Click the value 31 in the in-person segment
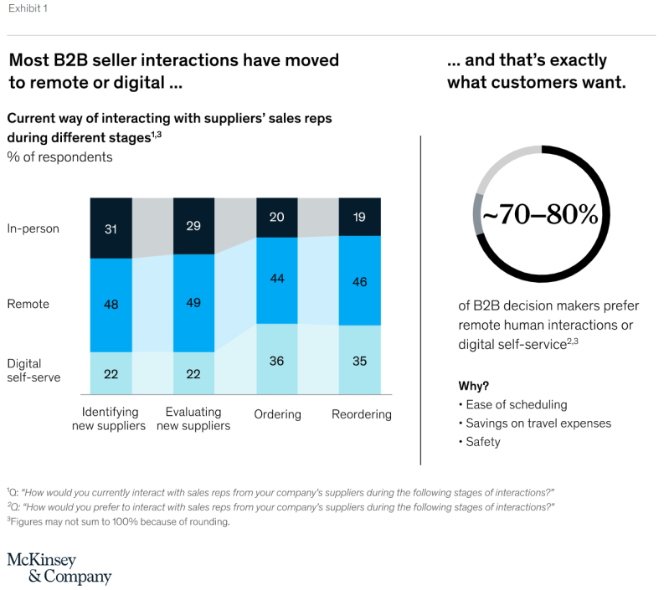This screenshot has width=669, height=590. [x=111, y=228]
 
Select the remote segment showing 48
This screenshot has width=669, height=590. [x=111, y=305]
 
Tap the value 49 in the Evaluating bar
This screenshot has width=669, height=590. [x=193, y=302]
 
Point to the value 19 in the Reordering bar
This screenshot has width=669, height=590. [x=359, y=216]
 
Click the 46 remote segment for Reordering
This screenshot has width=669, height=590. [x=359, y=282]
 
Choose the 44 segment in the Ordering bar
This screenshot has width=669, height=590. [x=276, y=280]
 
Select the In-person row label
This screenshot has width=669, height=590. [x=33, y=228]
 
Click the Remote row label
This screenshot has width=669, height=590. [x=28, y=304]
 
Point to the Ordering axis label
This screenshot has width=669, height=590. [x=277, y=415]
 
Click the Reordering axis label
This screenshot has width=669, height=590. [x=361, y=415]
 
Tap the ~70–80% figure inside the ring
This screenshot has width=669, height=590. [x=541, y=215]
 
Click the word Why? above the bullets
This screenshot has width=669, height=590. [x=474, y=386]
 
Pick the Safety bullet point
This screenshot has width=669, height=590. [x=482, y=441]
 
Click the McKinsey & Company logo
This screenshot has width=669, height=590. [x=59, y=568]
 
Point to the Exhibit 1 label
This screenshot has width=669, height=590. [x=29, y=10]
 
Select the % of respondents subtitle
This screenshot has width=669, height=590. [x=59, y=156]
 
